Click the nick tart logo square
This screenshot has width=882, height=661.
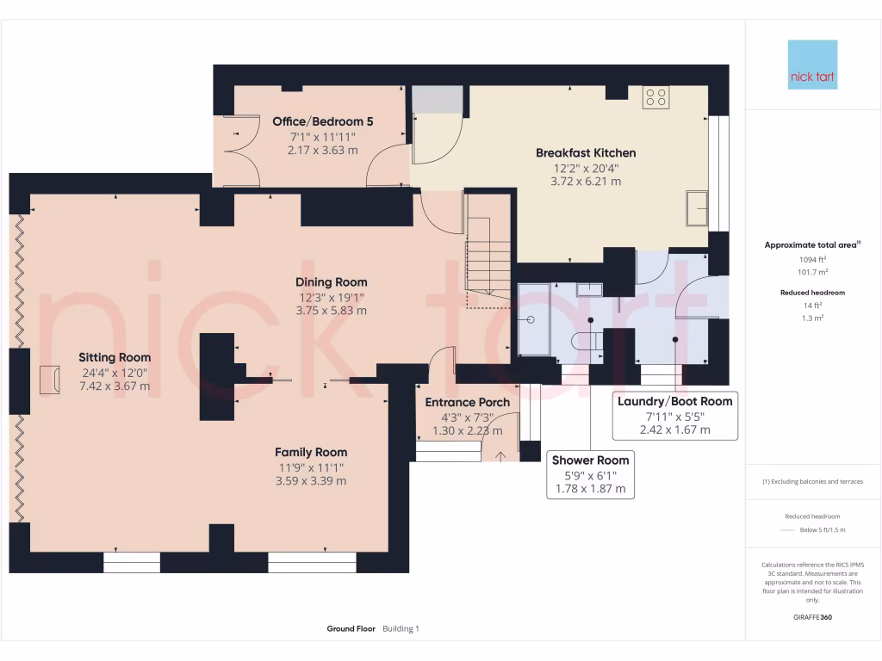coord(812,65)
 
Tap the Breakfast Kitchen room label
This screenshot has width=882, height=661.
coord(586,153)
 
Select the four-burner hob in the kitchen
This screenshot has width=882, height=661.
coord(655,97)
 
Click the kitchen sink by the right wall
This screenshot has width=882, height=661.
coord(697,208)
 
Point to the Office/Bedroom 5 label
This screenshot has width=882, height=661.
coord(323,121)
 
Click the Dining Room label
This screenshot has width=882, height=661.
coord(331,282)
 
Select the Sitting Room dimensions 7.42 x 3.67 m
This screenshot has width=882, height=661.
coord(115,386)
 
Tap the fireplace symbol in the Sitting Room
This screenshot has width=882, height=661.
coord(48,378)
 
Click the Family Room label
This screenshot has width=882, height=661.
coord(311,452)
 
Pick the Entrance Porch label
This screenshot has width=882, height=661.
coord(468,402)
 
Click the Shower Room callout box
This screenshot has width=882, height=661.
coord(591,474)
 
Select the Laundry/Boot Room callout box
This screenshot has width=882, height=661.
coord(674,416)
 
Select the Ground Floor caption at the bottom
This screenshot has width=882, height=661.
coord(351,629)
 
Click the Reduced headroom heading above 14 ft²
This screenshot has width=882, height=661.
coord(812,293)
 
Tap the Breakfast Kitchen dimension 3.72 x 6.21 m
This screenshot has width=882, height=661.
coord(586,182)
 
